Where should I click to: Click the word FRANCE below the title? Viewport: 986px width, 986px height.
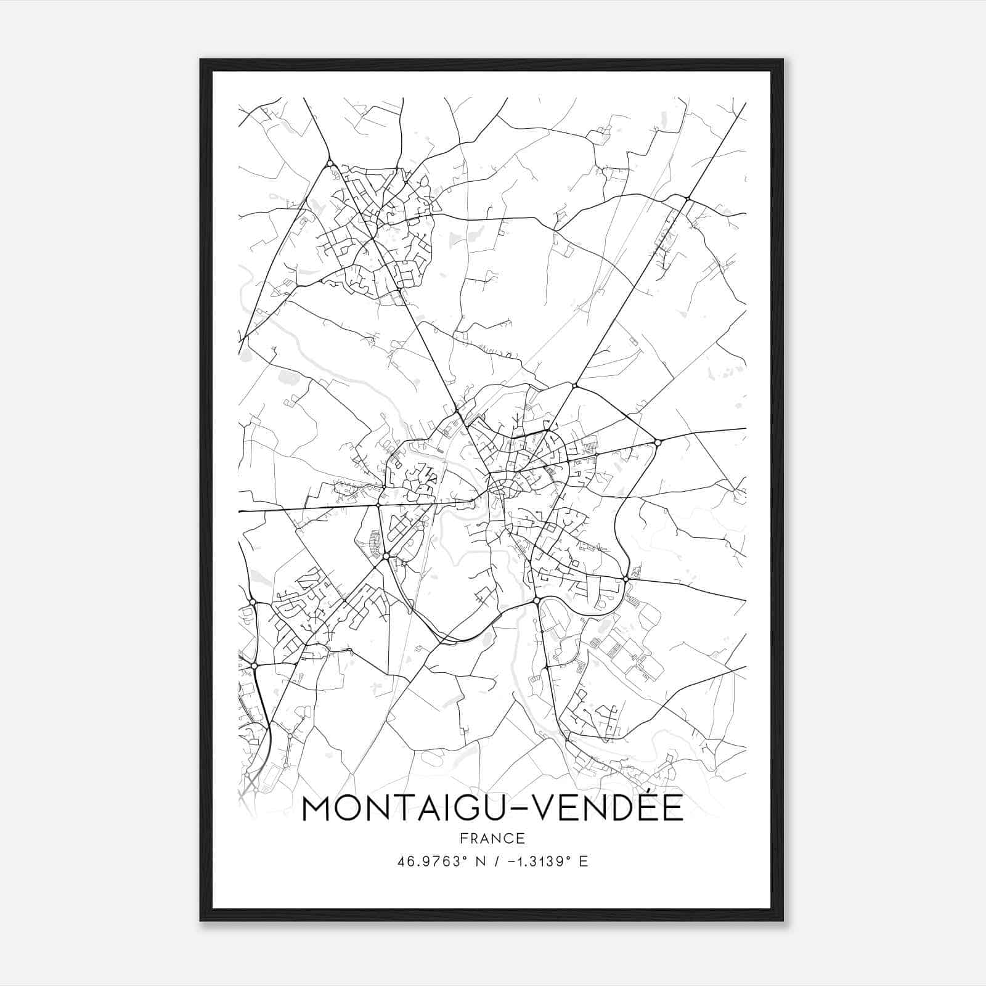(x=492, y=838)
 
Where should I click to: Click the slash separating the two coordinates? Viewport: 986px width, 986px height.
(x=497, y=862)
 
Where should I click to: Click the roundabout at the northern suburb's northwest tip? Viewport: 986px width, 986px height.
(x=330, y=163)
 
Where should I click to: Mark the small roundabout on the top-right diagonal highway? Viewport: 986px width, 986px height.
(x=687, y=198)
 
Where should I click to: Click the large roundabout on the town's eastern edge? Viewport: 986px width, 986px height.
(x=658, y=442)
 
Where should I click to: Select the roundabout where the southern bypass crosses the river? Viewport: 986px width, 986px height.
(x=537, y=600)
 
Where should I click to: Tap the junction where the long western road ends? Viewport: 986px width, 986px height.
(x=378, y=505)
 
